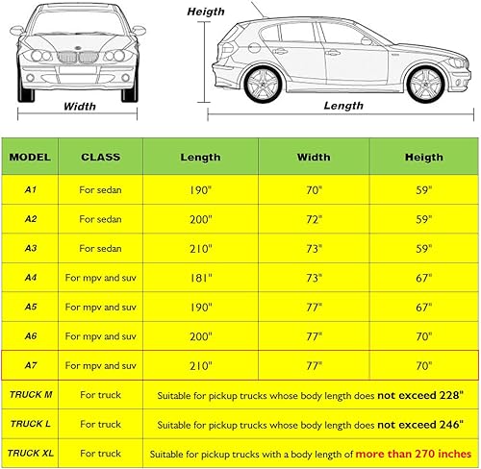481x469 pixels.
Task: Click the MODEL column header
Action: pyautogui.click(x=32, y=156)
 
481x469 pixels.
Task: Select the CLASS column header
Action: pyautogui.click(x=100, y=156)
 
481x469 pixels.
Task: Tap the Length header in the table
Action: pyautogui.click(x=200, y=157)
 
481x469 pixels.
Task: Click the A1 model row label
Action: pyautogui.click(x=32, y=190)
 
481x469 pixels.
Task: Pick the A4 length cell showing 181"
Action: pyautogui.click(x=200, y=278)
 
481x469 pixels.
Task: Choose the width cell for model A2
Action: pyautogui.click(x=314, y=219)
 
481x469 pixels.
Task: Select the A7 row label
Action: pyautogui.click(x=32, y=365)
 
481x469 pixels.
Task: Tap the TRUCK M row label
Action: pyautogui.click(x=32, y=394)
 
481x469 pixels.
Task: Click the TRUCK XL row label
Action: pyautogui.click(x=32, y=453)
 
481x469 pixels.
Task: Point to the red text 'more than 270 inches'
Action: pyautogui.click(x=415, y=453)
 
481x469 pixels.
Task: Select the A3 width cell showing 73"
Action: pyautogui.click(x=314, y=248)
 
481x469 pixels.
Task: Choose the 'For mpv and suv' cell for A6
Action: pyautogui.click(x=100, y=336)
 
